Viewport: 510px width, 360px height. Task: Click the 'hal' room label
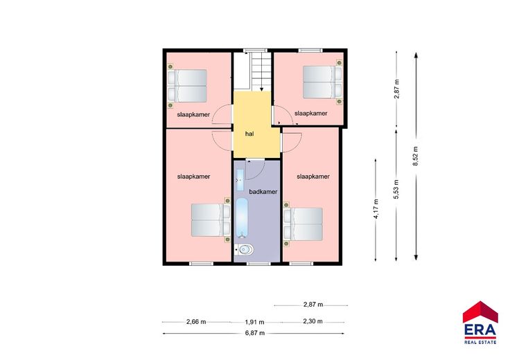[249, 134]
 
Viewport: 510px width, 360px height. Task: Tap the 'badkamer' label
[263, 192]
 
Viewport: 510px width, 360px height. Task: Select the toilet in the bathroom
[245, 249]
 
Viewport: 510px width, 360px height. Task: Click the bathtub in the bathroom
[242, 218]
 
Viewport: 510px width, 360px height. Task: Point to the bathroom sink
[240, 180]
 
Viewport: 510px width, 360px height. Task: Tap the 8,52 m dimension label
[415, 156]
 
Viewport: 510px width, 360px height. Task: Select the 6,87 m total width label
[255, 333]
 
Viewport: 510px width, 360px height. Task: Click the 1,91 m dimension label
[254, 323]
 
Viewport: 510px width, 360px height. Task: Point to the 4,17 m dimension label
[376, 209]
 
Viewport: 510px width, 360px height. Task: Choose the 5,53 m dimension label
[396, 189]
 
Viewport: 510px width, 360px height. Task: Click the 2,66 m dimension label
[196, 322]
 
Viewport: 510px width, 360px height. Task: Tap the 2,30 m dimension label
[313, 321]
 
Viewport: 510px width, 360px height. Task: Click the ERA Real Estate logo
[480, 323]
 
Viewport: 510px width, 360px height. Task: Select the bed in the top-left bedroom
[187, 86]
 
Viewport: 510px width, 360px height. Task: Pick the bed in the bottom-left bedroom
[211, 220]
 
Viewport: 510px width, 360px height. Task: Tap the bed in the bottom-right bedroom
[303, 224]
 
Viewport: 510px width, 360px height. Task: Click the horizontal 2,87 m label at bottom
[313, 305]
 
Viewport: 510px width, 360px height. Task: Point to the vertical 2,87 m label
[396, 89]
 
